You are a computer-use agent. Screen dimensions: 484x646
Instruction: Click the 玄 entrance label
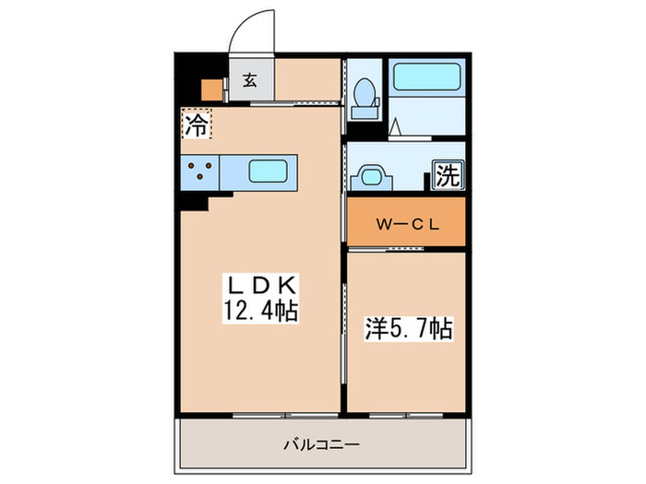(x=250, y=80)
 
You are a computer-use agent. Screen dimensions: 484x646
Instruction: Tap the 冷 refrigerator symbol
(x=196, y=124)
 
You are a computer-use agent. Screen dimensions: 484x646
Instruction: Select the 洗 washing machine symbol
(x=447, y=175)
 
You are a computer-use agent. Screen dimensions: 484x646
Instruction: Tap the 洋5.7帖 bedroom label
(x=406, y=328)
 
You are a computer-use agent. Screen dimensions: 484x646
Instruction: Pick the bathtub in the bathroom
(x=425, y=80)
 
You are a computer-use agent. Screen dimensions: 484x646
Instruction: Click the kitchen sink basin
(x=269, y=171)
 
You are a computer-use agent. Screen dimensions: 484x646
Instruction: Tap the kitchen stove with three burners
(x=203, y=171)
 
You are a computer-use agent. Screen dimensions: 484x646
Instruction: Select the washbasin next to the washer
(x=375, y=176)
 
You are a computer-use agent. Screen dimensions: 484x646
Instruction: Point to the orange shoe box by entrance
(x=212, y=89)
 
